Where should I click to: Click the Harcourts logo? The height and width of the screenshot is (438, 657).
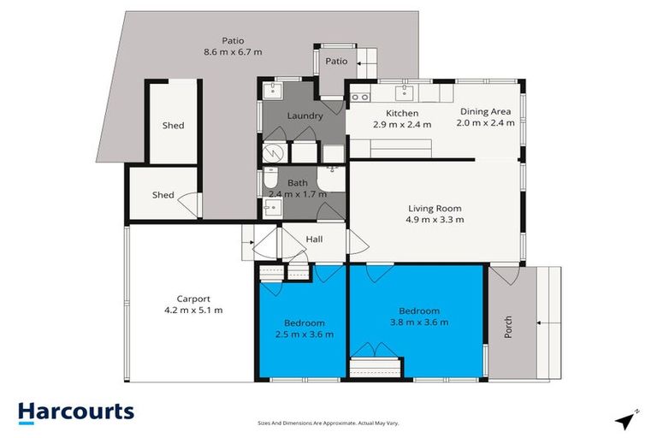(x=76, y=411)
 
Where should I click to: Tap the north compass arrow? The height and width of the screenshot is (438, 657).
(x=627, y=421)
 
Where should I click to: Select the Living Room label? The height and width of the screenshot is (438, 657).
(x=435, y=208)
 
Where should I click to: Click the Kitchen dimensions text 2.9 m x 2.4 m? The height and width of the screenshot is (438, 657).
(x=402, y=124)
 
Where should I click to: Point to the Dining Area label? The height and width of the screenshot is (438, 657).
(x=485, y=111)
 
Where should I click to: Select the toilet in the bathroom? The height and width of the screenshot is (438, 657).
(x=270, y=182)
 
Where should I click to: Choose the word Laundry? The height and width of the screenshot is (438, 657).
(x=304, y=116)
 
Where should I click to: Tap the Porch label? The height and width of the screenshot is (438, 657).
(x=507, y=328)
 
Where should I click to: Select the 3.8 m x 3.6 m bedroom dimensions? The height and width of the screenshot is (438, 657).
(x=419, y=323)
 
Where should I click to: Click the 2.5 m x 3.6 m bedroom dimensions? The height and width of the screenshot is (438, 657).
(x=304, y=334)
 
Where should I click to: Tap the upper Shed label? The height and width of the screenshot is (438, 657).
(x=174, y=126)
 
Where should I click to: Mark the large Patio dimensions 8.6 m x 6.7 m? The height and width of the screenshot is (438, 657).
(x=233, y=51)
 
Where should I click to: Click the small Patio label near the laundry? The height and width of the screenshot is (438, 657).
(x=337, y=61)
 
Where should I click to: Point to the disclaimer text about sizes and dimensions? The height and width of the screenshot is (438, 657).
(x=328, y=423)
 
